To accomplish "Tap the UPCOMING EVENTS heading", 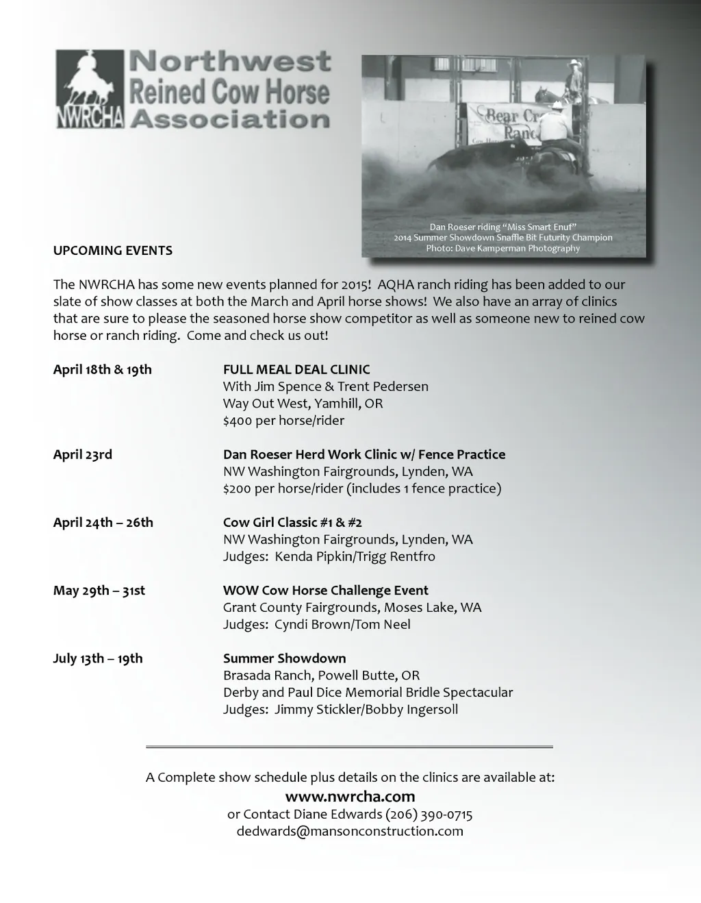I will pyautogui.click(x=113, y=251).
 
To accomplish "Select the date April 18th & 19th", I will pyautogui.click(x=103, y=370).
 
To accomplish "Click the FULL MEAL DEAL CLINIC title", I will pyautogui.click(x=296, y=370).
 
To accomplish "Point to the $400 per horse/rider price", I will pyautogui.click(x=283, y=421).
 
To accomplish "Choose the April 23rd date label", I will pyautogui.click(x=83, y=455).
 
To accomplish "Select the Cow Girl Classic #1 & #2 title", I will pyautogui.click(x=292, y=523).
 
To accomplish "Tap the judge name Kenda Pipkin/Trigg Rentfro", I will pyautogui.click(x=355, y=556).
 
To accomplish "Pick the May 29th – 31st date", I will pyautogui.click(x=99, y=591).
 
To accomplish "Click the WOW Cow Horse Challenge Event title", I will pyautogui.click(x=326, y=591).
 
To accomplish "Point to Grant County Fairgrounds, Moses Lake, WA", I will pyautogui.click(x=353, y=608).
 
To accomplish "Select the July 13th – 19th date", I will pyautogui.click(x=98, y=658).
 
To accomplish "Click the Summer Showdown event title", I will pyautogui.click(x=285, y=658).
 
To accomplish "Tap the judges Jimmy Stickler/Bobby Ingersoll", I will pyautogui.click(x=366, y=710).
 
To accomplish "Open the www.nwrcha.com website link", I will pyautogui.click(x=350, y=797).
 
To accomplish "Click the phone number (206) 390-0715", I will pyautogui.click(x=429, y=815).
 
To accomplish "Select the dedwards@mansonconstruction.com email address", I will pyautogui.click(x=350, y=832).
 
